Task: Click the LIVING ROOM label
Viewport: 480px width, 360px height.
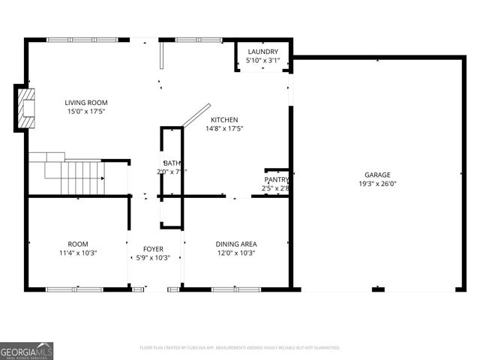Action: point(85,103)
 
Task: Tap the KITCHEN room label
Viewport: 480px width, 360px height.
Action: point(224,120)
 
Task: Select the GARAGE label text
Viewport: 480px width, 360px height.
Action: point(378,175)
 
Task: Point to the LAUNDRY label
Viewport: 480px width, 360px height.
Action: point(263,52)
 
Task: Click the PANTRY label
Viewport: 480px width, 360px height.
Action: point(276,180)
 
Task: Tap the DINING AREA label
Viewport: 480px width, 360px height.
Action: point(236,244)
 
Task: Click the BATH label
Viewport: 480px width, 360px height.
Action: point(172,163)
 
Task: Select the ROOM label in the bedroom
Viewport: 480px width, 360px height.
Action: point(78,244)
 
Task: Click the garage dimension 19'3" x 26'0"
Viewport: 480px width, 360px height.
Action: point(378,184)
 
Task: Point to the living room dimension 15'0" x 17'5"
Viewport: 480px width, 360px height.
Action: point(85,112)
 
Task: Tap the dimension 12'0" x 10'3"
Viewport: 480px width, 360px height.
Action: point(236,253)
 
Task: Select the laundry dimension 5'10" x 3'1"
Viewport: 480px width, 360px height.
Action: point(263,60)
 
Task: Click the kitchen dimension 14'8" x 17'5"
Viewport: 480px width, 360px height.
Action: point(224,129)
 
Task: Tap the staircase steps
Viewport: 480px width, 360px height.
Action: point(78,178)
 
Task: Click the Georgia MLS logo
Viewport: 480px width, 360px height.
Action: point(27,350)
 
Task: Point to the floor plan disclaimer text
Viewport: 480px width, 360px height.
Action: point(240,348)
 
